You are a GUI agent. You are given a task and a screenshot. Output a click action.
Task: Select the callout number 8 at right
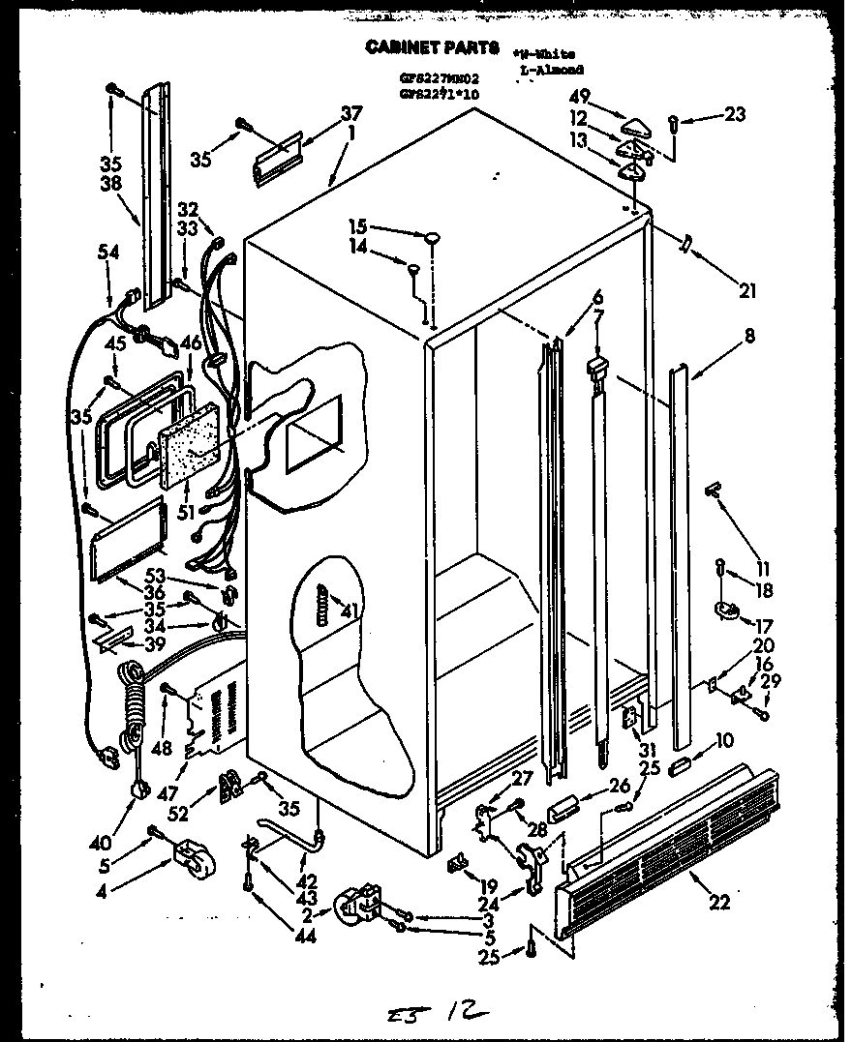[x=749, y=337]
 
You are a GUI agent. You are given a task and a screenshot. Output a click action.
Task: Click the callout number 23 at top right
[x=736, y=114]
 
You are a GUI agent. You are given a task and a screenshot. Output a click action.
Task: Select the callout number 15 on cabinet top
[x=358, y=227]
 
